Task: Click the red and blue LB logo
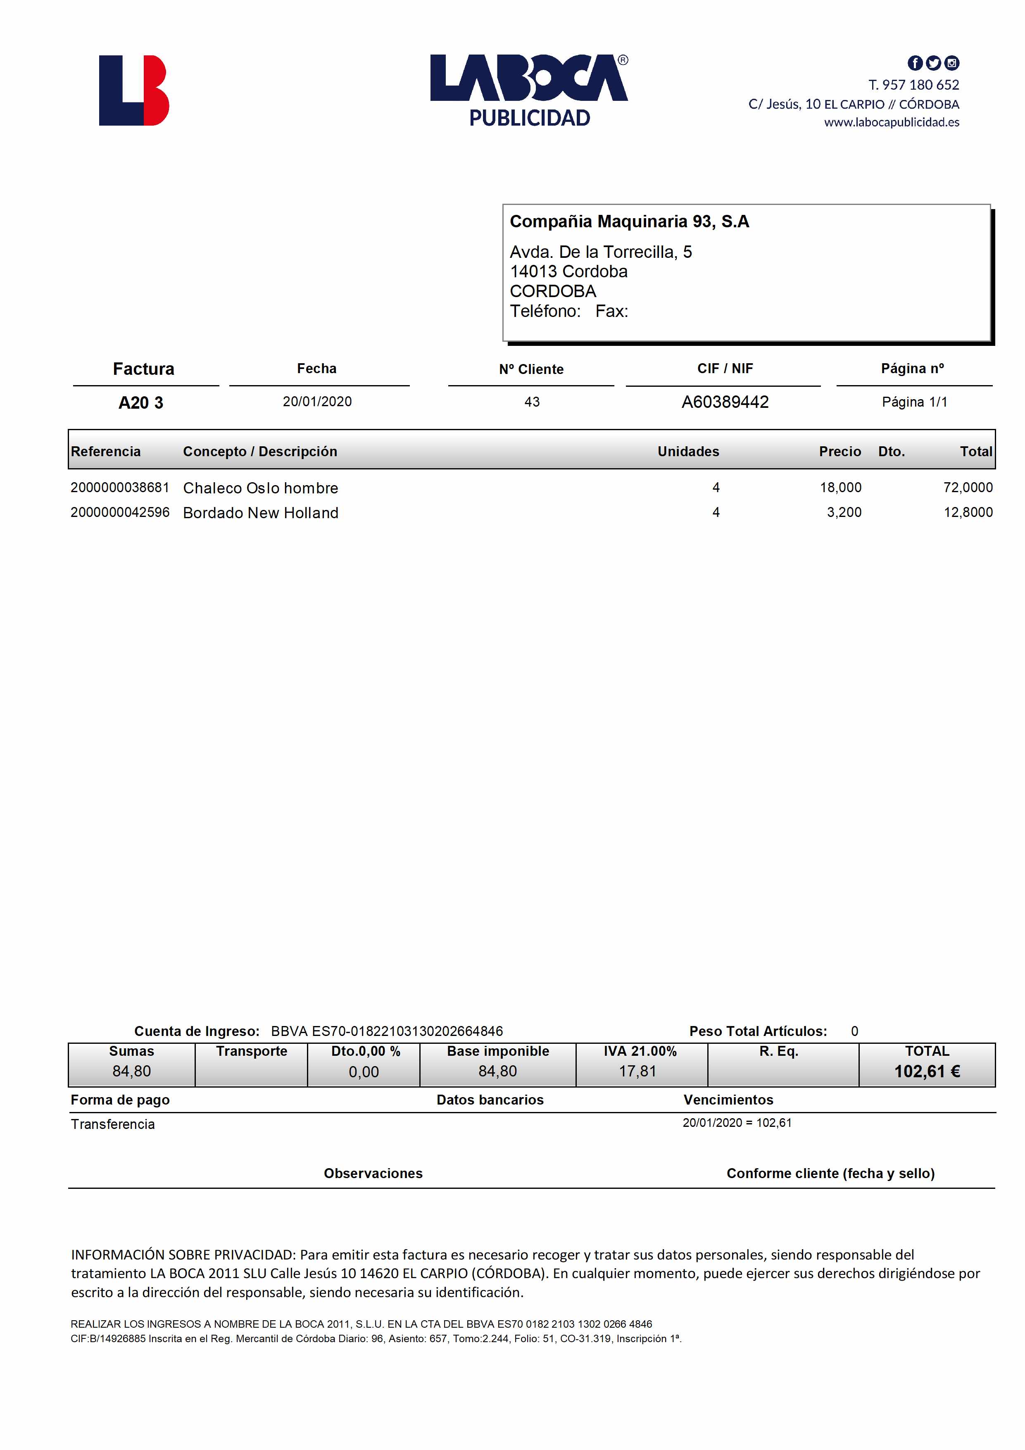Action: (134, 90)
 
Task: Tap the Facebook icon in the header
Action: (914, 63)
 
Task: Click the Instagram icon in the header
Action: (952, 63)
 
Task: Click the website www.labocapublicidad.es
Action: (891, 122)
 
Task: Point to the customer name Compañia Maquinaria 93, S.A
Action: (629, 221)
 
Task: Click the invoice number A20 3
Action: (141, 403)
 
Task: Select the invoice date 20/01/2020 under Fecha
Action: (317, 402)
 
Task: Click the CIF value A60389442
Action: (725, 402)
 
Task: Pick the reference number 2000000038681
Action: (120, 488)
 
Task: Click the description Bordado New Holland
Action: (260, 513)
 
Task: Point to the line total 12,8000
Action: (968, 512)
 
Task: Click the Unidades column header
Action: (688, 452)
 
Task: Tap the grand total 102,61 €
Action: (927, 1072)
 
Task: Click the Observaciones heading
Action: (373, 1174)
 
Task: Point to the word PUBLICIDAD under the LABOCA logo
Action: (529, 118)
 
